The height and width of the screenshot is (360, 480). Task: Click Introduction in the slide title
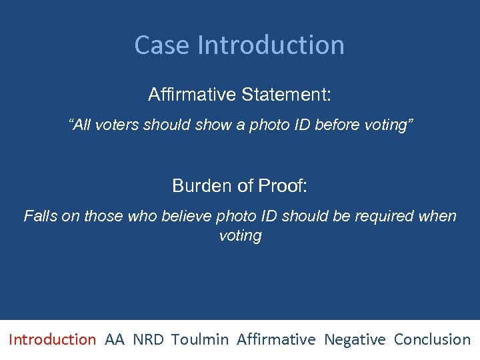(x=271, y=45)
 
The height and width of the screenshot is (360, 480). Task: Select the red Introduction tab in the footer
(x=52, y=339)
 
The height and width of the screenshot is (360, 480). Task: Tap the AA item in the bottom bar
(x=115, y=339)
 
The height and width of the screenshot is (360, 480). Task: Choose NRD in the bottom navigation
(x=147, y=339)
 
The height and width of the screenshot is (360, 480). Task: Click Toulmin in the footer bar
(x=199, y=339)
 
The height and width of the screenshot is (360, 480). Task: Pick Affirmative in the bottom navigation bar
(x=276, y=339)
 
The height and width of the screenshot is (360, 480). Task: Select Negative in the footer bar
(x=355, y=339)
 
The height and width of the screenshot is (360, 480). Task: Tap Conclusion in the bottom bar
(x=432, y=339)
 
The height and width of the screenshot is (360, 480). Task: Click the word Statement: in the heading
(x=286, y=95)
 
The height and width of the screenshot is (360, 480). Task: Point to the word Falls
(x=39, y=216)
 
